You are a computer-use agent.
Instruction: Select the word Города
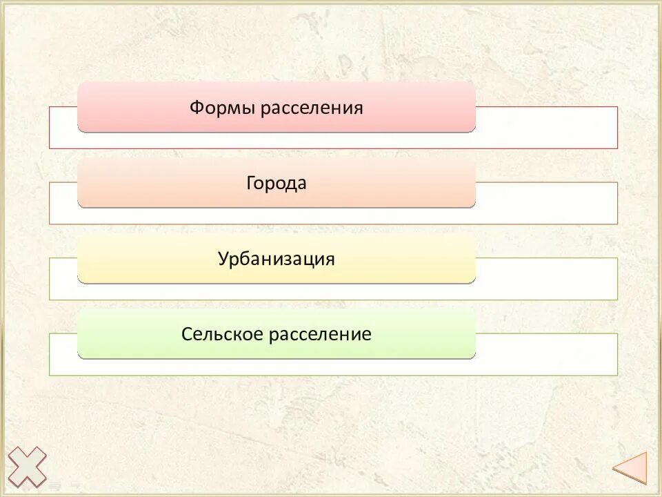(277, 184)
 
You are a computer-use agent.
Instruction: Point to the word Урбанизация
(277, 260)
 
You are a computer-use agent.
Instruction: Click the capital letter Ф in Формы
(196, 108)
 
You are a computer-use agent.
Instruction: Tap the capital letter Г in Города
(250, 184)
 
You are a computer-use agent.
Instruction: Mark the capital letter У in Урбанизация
(223, 260)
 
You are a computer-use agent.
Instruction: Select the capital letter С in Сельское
(186, 335)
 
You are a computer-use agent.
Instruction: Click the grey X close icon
(27, 467)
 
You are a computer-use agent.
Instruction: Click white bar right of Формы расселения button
(546, 128)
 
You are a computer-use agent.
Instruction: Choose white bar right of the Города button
(546, 203)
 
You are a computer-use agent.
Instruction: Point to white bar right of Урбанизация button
(546, 279)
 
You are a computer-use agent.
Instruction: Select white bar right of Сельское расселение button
(546, 354)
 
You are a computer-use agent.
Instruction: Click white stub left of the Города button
(63, 203)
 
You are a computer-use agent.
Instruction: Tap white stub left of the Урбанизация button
(63, 279)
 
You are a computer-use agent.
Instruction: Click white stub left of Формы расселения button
(63, 128)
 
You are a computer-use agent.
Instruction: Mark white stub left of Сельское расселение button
(63, 354)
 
